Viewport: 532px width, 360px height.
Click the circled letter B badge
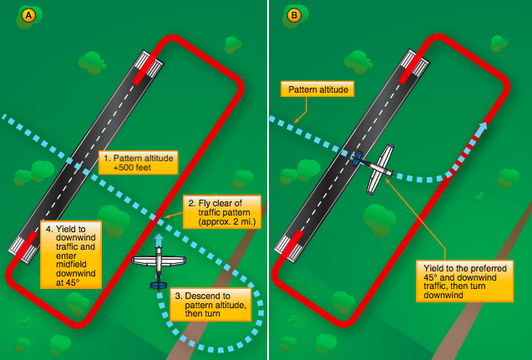294,15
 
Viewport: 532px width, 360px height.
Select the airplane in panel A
159,262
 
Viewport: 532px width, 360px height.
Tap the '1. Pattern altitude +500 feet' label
138,162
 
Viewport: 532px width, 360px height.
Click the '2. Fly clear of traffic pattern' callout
221,212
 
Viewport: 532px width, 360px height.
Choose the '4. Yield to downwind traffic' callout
70,254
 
